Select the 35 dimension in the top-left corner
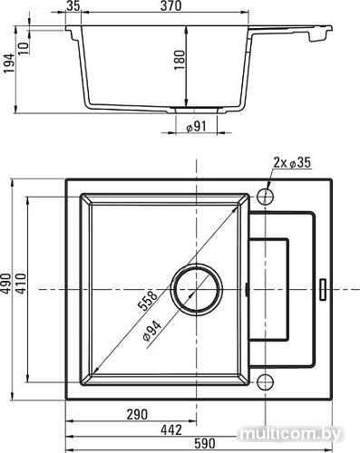[x=74, y=7]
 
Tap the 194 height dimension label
[x=8, y=66]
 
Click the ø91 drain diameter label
[x=198, y=127]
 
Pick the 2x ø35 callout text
[x=290, y=163]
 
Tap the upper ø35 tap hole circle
[x=264, y=196]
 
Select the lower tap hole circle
[x=264, y=381]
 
